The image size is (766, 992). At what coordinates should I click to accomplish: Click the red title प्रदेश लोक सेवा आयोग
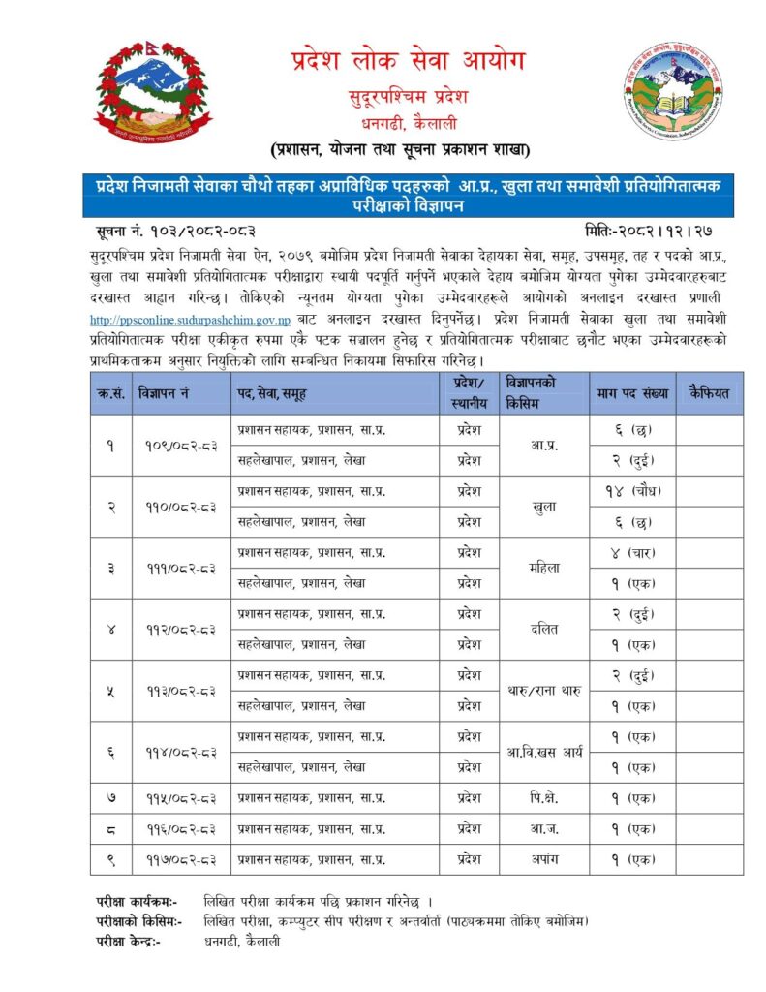(408, 62)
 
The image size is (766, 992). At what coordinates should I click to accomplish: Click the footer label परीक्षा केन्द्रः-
(130, 942)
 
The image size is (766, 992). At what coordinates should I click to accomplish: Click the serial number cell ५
(111, 691)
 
